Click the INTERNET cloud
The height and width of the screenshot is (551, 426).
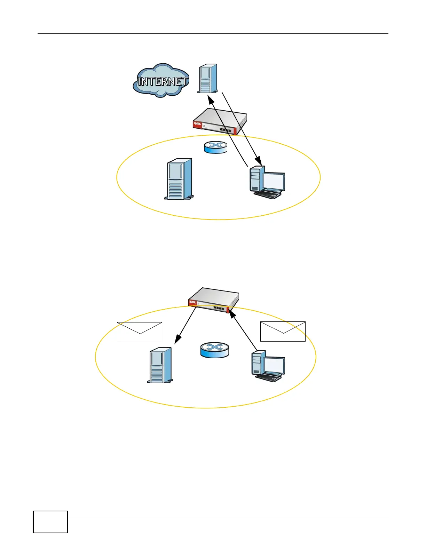point(161,81)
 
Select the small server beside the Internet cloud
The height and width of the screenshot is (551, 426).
point(208,79)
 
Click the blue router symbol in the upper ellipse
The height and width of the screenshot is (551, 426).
point(215,147)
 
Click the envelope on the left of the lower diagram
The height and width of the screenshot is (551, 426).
point(140,332)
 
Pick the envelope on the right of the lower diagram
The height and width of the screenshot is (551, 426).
point(283,332)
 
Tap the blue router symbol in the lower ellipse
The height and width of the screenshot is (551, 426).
point(215,350)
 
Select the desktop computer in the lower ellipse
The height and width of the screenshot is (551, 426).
point(268,366)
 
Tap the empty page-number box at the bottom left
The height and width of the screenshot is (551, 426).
point(50,522)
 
